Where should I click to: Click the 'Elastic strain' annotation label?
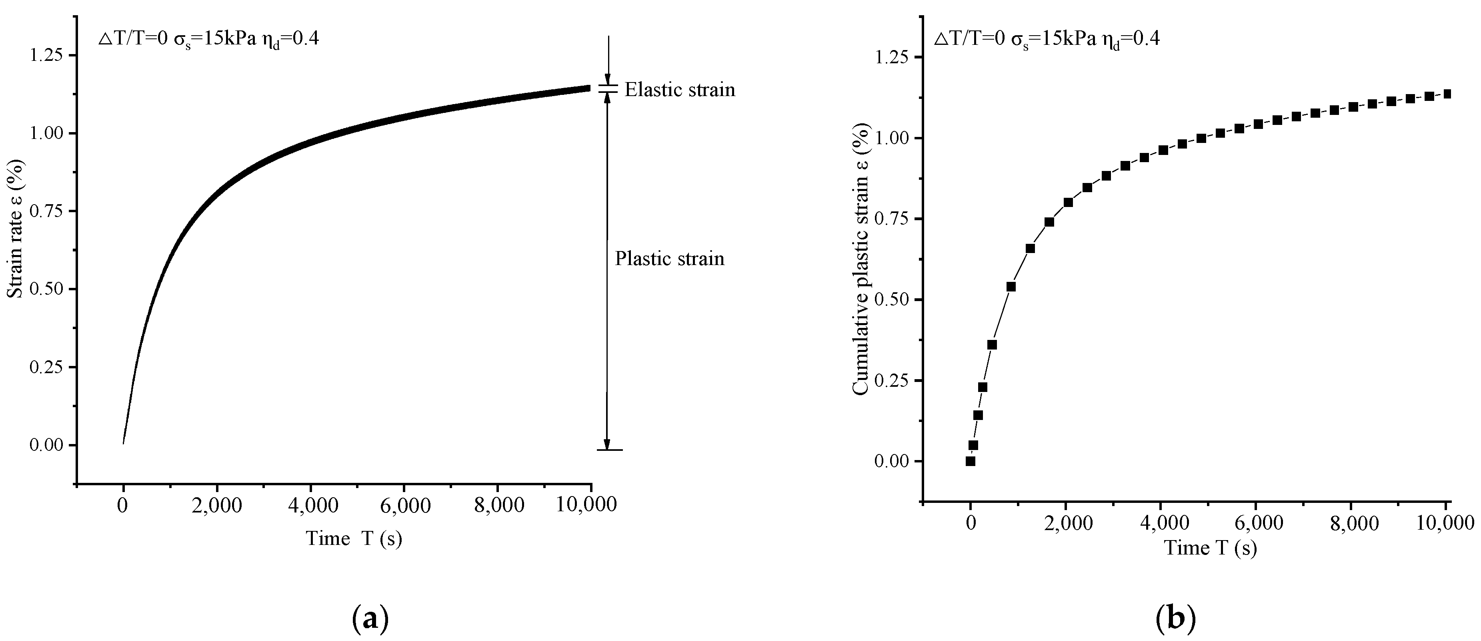pos(680,90)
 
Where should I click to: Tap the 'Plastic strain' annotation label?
pos(669,259)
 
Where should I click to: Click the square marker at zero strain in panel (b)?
pos(971,461)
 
